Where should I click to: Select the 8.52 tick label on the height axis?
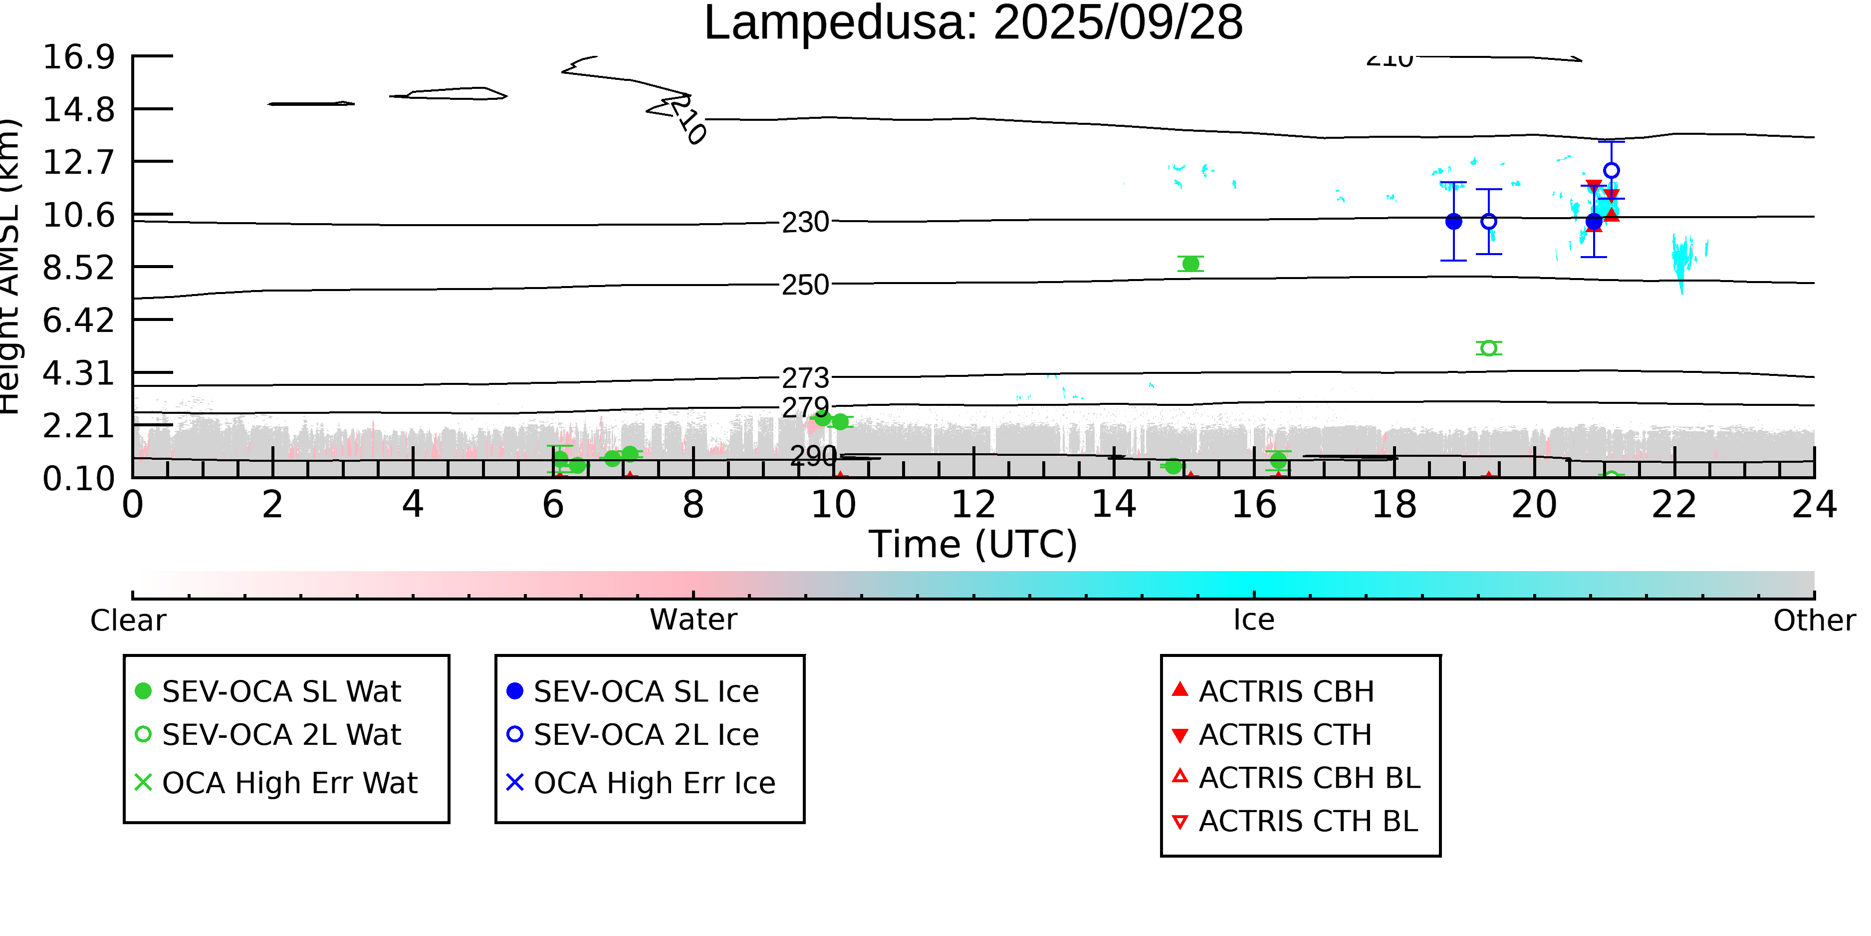coord(78,268)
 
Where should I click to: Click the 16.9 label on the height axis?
coord(78,57)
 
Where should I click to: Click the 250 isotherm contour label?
coord(805,285)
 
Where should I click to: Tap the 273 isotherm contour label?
coord(805,378)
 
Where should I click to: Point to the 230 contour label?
coord(805,222)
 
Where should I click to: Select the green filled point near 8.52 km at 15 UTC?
coord(1190,264)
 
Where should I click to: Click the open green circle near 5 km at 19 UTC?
coord(1488,348)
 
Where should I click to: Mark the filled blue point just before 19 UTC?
coord(1453,222)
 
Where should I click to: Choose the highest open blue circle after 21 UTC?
coord(1611,171)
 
